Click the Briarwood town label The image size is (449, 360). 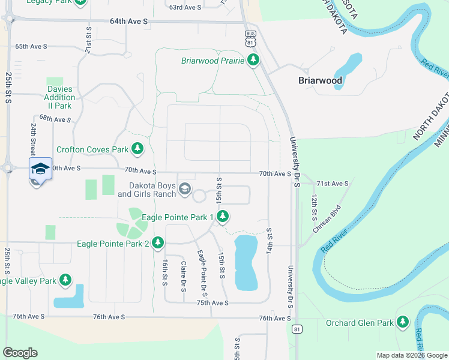pyautogui.click(x=321, y=80)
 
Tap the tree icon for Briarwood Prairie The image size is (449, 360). pyautogui.click(x=254, y=61)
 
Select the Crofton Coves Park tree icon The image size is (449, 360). pyautogui.click(x=138, y=148)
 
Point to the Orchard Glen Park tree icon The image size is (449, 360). pyautogui.click(x=403, y=323)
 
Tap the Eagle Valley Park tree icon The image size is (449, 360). pyautogui.click(x=65, y=280)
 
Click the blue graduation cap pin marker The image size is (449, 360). pyautogui.click(x=40, y=169)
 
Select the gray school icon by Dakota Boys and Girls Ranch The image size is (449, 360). pyautogui.click(x=185, y=190)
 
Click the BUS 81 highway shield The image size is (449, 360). pyautogui.click(x=250, y=38)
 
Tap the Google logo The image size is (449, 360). pyautogui.click(x=20, y=353)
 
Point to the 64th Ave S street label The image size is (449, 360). pyautogui.click(x=128, y=22)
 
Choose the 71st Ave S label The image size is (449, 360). pyautogui.click(x=332, y=183)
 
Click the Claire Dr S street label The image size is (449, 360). pyautogui.click(x=183, y=272)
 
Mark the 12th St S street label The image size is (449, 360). pyautogui.click(x=314, y=205)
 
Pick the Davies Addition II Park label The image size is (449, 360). pyautogui.click(x=59, y=97)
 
